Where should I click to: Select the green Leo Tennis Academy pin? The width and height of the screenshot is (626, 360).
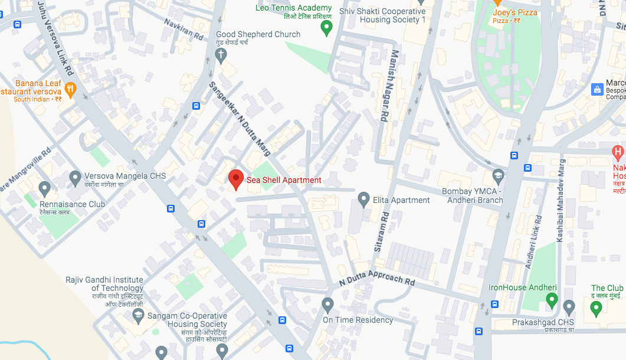(x=326, y=27)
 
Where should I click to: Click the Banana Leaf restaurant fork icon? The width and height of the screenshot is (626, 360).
(x=71, y=90)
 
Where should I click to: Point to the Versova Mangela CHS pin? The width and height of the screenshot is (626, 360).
(x=75, y=176)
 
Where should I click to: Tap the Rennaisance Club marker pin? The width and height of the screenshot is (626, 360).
(x=44, y=189)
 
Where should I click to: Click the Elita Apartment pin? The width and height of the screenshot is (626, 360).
(x=363, y=199)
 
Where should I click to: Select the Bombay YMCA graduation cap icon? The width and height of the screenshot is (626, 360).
(x=498, y=176)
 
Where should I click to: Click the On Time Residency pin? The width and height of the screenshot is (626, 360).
(x=328, y=305)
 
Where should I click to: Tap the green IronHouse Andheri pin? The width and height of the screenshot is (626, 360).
(x=552, y=300)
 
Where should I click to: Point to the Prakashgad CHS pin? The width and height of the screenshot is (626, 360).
(x=569, y=307)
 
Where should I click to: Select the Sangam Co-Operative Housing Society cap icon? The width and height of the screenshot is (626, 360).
(x=138, y=315)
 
